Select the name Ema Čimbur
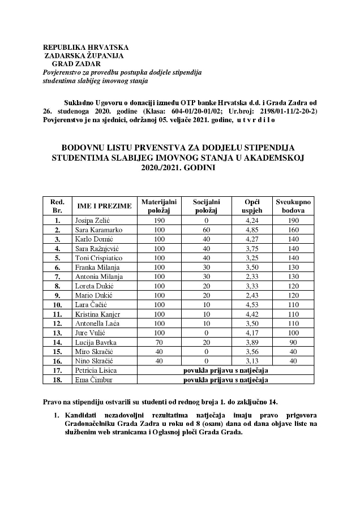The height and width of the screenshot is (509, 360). [91, 379]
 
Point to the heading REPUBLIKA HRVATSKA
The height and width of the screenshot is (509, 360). [85, 47]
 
